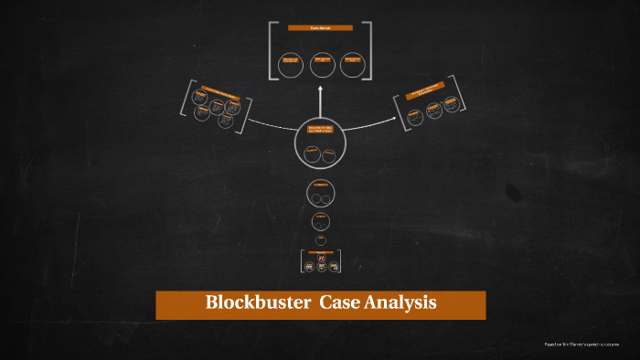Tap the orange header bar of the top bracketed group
[x=320, y=27]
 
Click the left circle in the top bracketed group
[x=290, y=63]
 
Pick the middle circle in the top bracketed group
[x=320, y=64]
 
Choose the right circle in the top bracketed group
[x=350, y=63]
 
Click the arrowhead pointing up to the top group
[x=320, y=89]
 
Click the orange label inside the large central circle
[x=321, y=130]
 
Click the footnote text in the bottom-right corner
[x=581, y=344]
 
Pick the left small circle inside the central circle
[x=313, y=152]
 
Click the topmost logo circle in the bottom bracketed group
[x=321, y=259]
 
